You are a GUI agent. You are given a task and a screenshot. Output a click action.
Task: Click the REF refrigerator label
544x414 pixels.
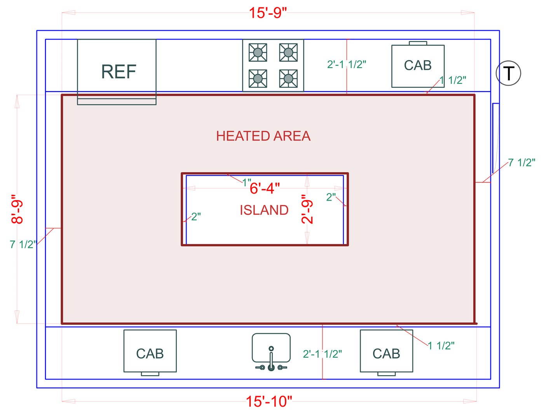(119, 72)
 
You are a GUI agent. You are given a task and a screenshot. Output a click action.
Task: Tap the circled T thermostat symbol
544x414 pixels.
(508, 73)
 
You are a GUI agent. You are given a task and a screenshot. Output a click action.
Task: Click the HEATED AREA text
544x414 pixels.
(263, 136)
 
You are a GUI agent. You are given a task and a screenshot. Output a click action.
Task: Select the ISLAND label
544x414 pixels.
(264, 210)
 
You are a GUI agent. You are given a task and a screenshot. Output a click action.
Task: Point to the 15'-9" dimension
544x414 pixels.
(268, 13)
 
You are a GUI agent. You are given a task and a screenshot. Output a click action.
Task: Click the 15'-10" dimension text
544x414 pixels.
(269, 402)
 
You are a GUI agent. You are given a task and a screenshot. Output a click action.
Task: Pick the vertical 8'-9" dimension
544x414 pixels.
(17, 209)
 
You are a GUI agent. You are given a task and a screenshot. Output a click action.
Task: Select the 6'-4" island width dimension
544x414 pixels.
(265, 189)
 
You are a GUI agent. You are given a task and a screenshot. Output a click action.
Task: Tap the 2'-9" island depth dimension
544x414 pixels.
(307, 209)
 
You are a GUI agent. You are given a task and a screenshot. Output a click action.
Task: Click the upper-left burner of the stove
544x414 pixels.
(258, 52)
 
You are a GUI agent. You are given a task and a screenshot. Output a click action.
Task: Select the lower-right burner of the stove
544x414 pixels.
(288, 79)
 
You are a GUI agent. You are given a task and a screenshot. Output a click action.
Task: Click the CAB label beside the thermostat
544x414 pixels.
(418, 66)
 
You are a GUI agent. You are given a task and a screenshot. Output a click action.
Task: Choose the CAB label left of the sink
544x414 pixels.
(150, 354)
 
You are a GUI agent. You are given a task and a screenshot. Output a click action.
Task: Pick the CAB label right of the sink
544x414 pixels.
(386, 354)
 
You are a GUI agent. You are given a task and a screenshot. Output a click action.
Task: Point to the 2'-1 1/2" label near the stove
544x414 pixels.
(347, 64)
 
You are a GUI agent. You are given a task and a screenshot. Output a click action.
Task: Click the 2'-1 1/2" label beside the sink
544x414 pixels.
(323, 354)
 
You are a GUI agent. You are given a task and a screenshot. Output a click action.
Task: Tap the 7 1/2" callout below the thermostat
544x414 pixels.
(521, 163)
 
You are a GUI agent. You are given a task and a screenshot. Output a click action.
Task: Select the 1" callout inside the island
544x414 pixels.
(246, 182)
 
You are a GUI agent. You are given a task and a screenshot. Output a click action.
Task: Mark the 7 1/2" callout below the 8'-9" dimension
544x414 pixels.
(23, 244)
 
